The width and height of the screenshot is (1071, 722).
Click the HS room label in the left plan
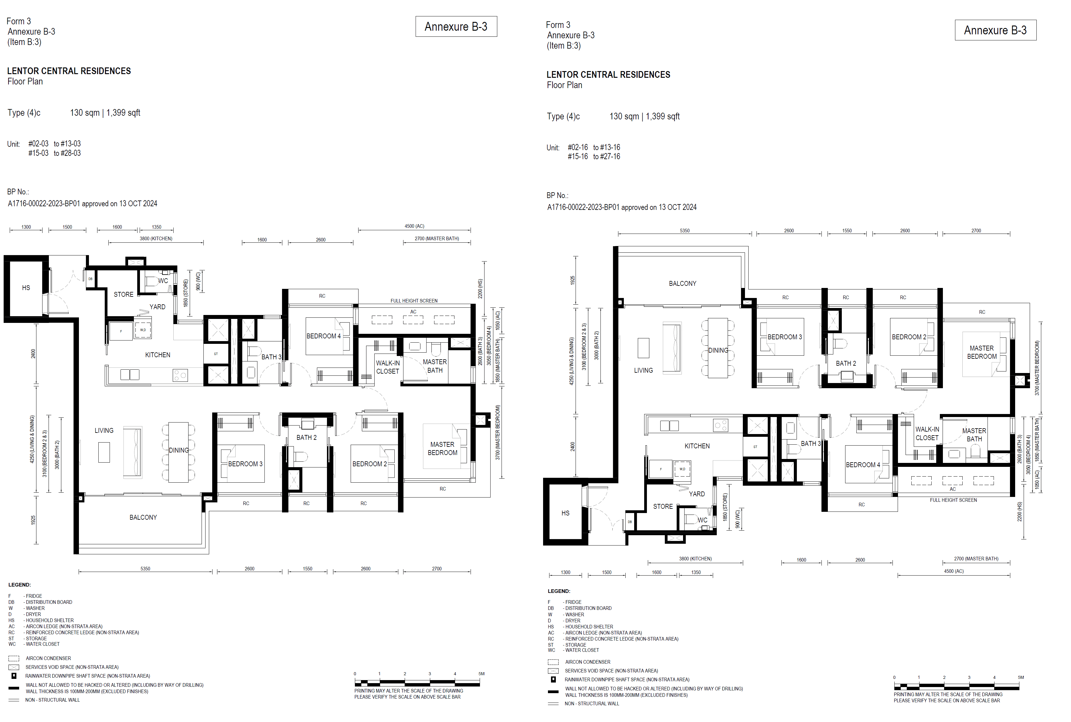[x=26, y=288]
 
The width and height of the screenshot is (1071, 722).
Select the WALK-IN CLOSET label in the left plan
[x=387, y=367]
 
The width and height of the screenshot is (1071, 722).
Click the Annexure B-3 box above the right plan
[x=995, y=30]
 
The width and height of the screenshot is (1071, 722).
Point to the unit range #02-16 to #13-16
[x=593, y=147]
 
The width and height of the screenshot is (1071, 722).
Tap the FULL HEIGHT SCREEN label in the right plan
[x=953, y=500]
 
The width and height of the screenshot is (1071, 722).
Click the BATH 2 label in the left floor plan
[x=306, y=437]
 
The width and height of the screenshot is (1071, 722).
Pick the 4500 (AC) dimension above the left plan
[x=414, y=226]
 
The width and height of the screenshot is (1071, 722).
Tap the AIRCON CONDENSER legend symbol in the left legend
[x=14, y=659]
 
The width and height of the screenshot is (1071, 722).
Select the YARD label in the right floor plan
[x=696, y=494]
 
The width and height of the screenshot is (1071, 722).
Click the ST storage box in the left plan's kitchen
[x=216, y=354]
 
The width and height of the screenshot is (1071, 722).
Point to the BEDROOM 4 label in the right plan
[x=862, y=465]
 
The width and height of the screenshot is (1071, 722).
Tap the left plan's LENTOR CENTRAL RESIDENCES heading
[x=69, y=71]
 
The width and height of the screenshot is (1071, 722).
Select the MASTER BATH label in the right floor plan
[x=974, y=435]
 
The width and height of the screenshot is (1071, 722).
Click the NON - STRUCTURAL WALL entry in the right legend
[x=592, y=703]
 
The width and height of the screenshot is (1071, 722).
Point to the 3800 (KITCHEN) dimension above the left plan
[x=156, y=238]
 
